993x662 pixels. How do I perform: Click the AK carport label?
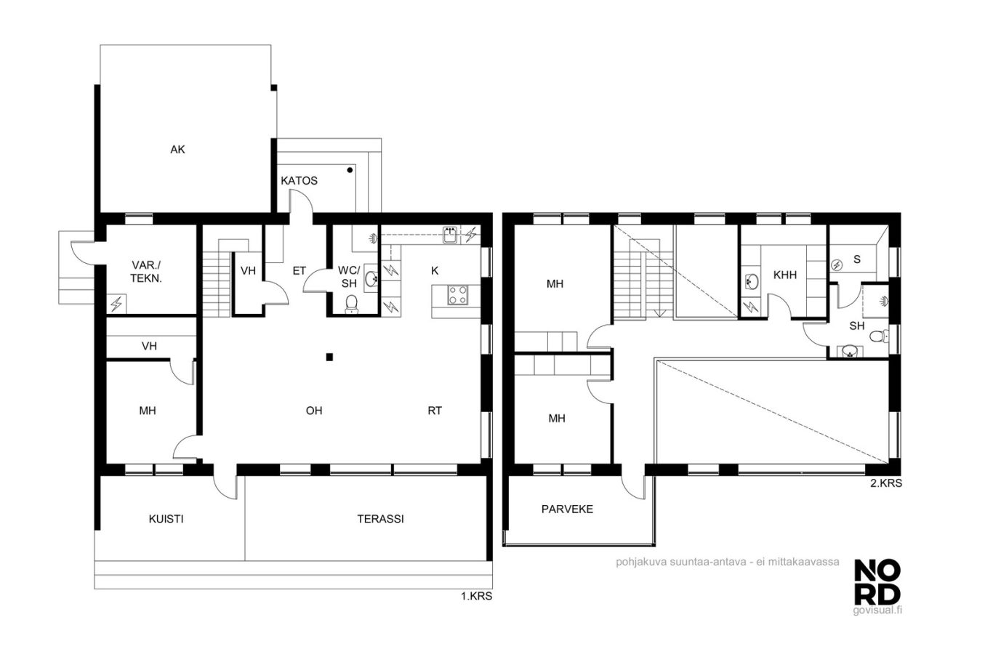click(177, 150)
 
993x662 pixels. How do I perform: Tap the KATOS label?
click(299, 181)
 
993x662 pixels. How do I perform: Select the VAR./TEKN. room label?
click(146, 272)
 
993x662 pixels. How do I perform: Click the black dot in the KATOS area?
click(350, 170)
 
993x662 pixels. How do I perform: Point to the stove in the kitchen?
click(457, 295)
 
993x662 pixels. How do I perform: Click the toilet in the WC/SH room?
click(352, 304)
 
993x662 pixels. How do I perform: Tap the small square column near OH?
click(329, 357)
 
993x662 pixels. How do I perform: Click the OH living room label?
click(314, 411)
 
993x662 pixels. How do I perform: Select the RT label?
click(435, 411)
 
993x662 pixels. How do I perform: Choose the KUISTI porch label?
click(166, 519)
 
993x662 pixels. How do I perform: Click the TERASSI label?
click(380, 519)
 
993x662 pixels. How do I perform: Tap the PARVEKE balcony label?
click(567, 509)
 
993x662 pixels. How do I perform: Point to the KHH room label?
click(784, 275)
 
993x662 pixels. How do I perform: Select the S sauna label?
click(857, 259)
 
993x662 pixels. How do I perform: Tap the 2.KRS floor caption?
click(885, 483)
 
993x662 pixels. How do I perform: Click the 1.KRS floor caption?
click(476, 597)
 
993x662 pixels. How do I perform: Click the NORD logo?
click(877, 582)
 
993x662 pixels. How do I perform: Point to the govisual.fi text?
click(877, 610)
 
